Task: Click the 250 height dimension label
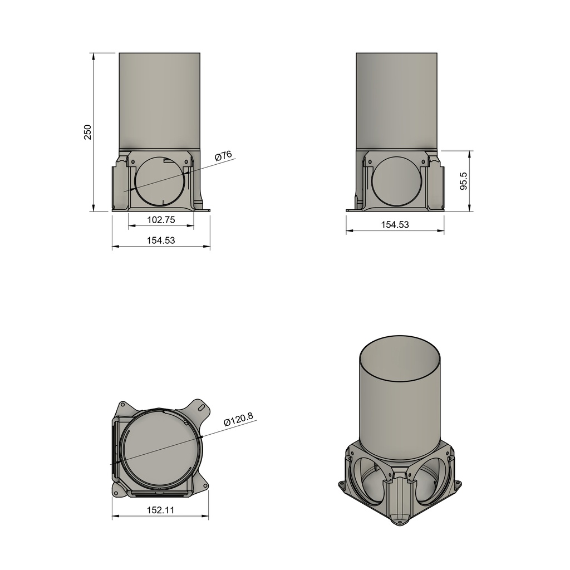pos(87,132)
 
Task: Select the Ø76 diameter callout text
pos(223,156)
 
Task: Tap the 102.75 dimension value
pos(161,220)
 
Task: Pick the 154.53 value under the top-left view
pos(161,240)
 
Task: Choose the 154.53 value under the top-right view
pos(395,225)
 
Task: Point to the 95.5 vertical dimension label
pos(463,181)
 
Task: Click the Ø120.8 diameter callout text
pos(238,419)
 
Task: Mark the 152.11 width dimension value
pos(160,510)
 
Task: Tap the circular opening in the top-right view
pos(396,181)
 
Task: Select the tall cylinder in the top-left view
pos(160,100)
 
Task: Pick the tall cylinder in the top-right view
pos(396,100)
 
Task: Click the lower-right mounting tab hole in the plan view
pos(205,485)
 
